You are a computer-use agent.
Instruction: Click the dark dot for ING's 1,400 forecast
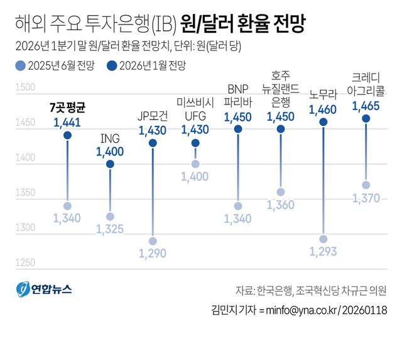pos(110,164)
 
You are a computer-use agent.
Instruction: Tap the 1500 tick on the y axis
pos(24,87)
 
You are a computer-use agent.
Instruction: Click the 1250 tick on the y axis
pos(24,262)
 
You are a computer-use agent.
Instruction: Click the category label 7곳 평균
pos(67,107)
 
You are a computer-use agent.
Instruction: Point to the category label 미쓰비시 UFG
pos(195,108)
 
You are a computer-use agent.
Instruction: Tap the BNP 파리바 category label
pos(237,94)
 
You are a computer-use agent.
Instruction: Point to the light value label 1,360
pos(280,205)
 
